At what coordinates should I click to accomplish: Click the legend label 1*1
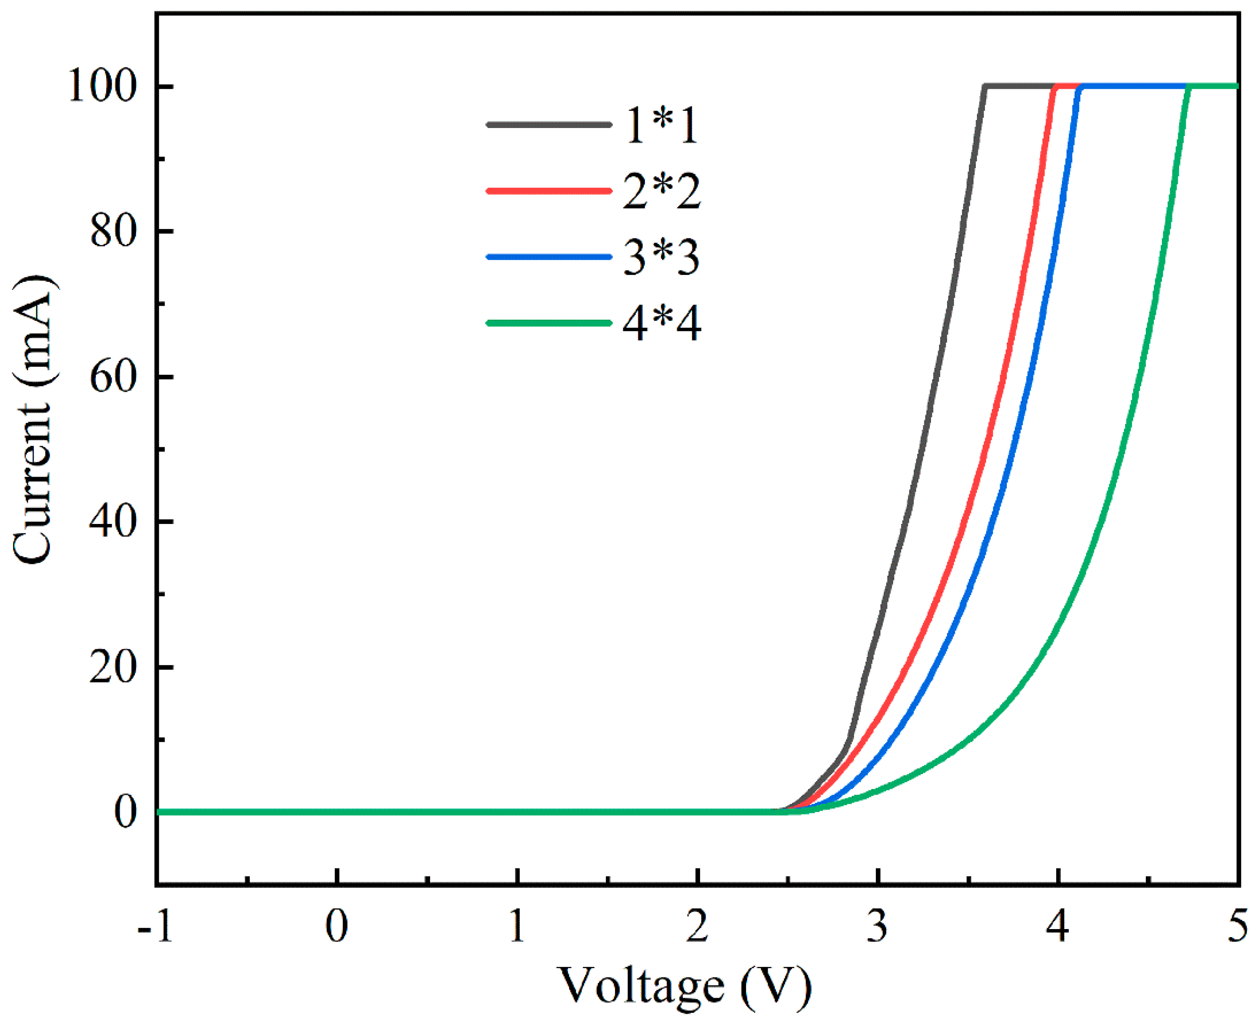pyautogui.click(x=661, y=126)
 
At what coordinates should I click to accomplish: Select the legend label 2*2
pyautogui.click(x=661, y=192)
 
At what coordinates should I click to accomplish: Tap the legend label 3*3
pyautogui.click(x=661, y=257)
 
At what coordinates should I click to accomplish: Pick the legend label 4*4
pyautogui.click(x=661, y=323)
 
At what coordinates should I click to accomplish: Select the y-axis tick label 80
pyautogui.click(x=113, y=231)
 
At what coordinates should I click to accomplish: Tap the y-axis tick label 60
pyautogui.click(x=113, y=377)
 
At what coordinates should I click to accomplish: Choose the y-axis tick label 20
pyautogui.click(x=113, y=667)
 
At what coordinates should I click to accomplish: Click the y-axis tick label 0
pyautogui.click(x=126, y=812)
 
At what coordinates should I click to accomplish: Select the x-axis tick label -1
pyautogui.click(x=155, y=927)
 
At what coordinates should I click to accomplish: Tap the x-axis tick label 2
pyautogui.click(x=697, y=927)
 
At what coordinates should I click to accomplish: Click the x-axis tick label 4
pyautogui.click(x=1058, y=927)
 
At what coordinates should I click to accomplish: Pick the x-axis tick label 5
pyautogui.click(x=1238, y=927)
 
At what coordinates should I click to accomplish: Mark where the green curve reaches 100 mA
pyautogui.click(x=1188, y=87)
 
